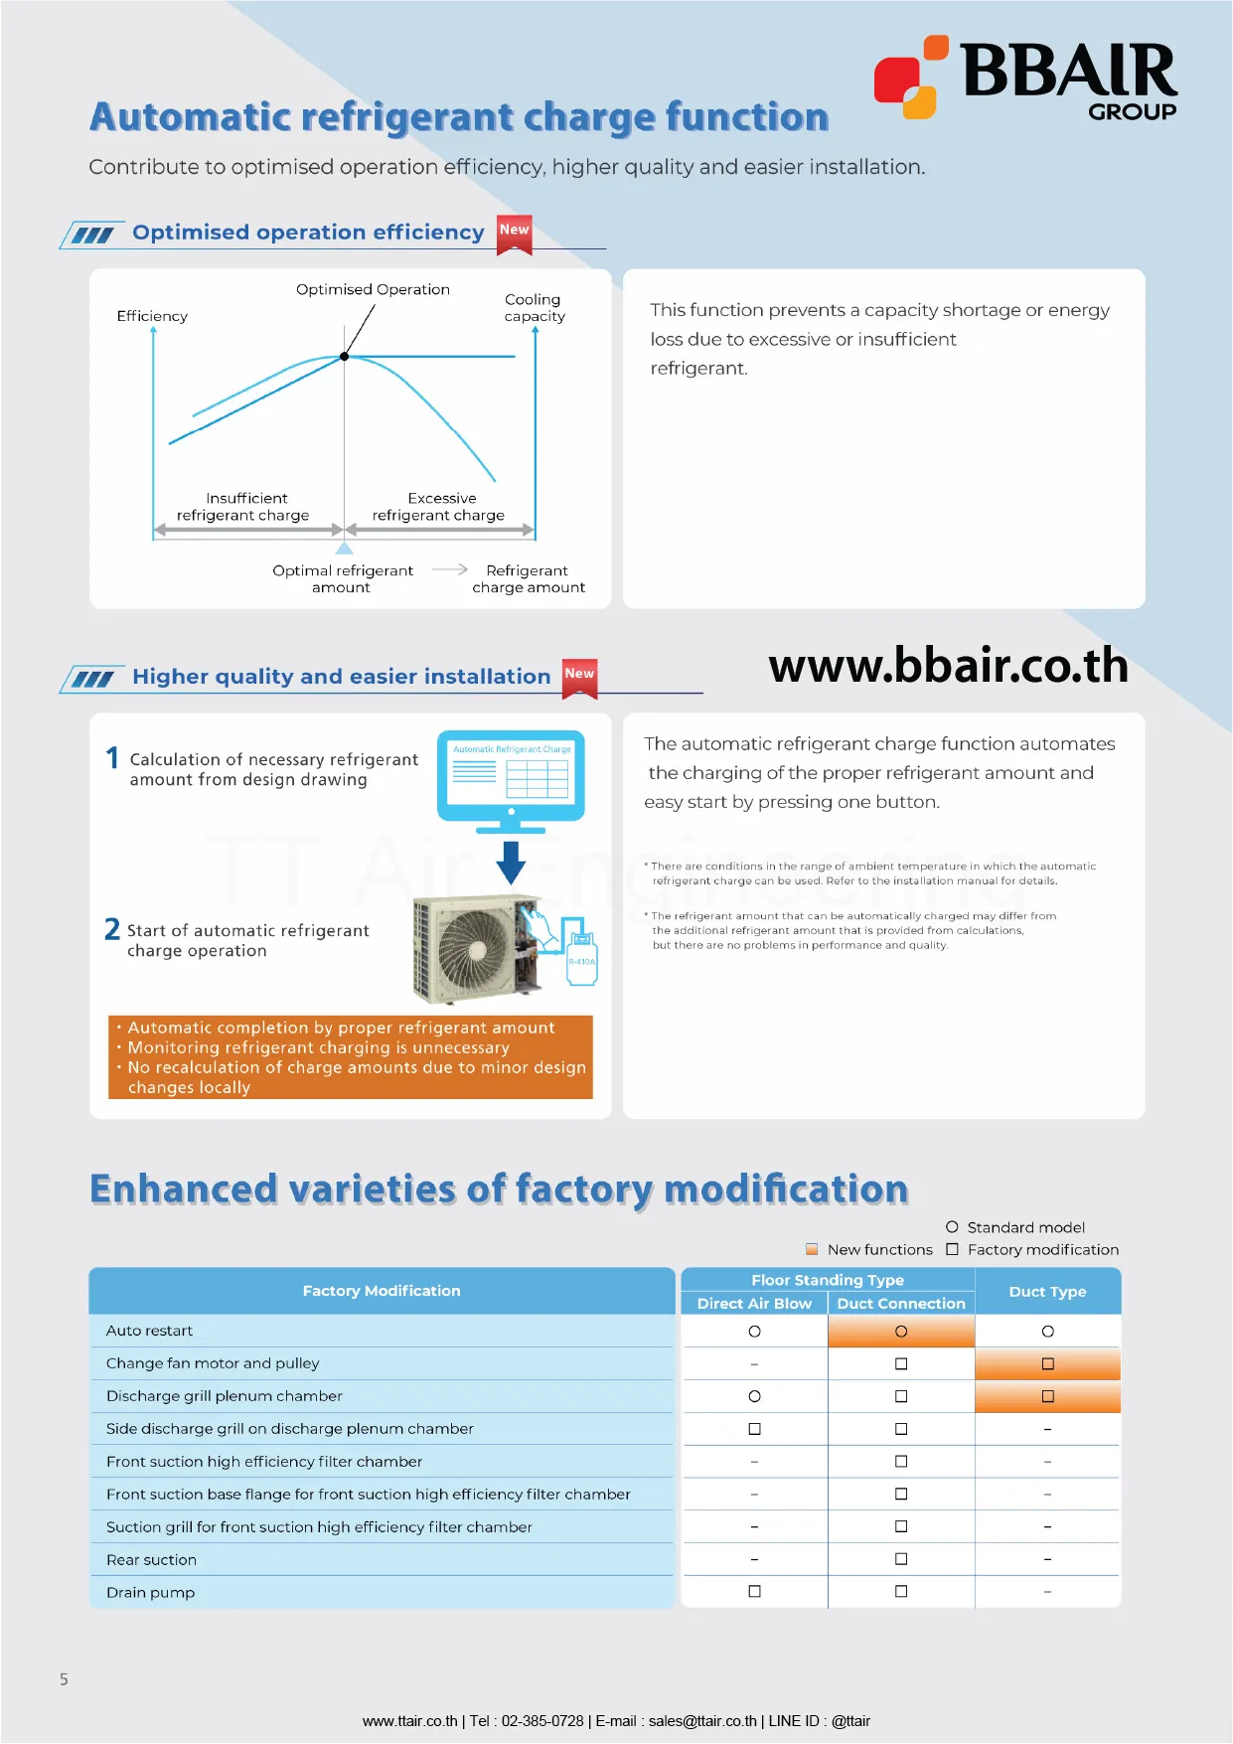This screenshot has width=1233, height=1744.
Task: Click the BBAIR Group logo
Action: (x=1025, y=78)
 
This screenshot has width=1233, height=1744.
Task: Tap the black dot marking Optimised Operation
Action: (x=345, y=356)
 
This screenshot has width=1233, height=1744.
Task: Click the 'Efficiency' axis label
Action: (x=152, y=316)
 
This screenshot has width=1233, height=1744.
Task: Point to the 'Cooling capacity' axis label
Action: (x=534, y=307)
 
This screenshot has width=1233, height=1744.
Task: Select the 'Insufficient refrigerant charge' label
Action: (x=243, y=507)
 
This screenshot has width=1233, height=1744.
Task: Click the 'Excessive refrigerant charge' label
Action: (x=439, y=507)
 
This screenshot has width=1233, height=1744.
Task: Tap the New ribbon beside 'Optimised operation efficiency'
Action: (x=515, y=233)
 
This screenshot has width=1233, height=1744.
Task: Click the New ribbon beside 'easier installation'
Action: (x=579, y=677)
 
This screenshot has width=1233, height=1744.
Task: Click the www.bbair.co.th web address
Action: (x=948, y=666)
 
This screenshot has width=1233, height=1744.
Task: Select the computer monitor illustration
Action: (x=511, y=778)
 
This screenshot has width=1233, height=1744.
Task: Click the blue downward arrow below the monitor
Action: (x=511, y=862)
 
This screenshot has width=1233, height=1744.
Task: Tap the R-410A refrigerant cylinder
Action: (x=581, y=956)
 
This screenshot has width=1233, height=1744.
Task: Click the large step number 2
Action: (x=112, y=929)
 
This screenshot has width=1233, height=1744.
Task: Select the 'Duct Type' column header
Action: (x=1047, y=1291)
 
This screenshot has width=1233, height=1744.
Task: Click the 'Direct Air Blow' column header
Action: (x=754, y=1304)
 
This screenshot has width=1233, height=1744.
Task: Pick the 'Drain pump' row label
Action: (x=151, y=1592)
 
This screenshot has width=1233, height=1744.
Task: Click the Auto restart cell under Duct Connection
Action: (x=901, y=1332)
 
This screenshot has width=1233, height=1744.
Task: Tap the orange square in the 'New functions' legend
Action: (x=812, y=1249)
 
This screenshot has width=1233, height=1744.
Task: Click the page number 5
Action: (x=64, y=1679)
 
